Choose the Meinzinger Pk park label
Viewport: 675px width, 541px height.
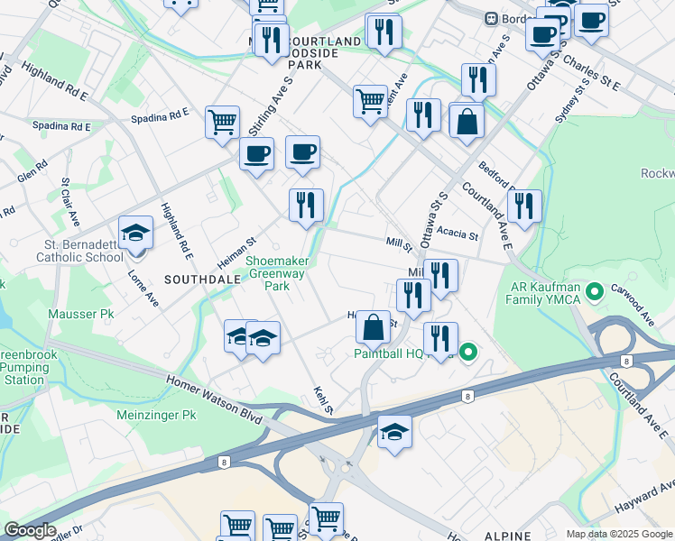point(157,416)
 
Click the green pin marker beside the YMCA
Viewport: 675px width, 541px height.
point(595,293)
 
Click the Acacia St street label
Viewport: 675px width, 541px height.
point(457,234)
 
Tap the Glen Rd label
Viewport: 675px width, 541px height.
point(32,170)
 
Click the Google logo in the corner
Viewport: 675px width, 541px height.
point(30,530)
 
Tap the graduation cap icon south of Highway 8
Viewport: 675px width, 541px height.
point(394,433)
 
